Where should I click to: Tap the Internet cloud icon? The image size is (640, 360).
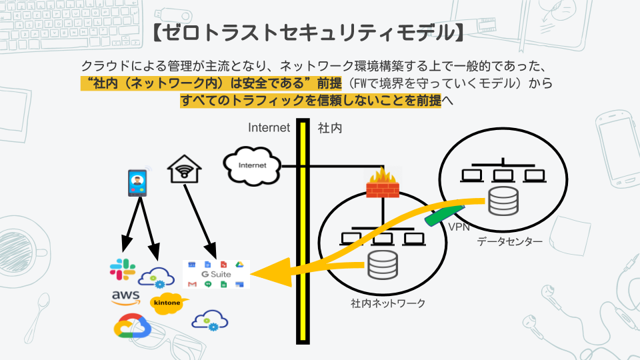pyautogui.click(x=252, y=165)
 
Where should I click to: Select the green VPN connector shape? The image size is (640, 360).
pyautogui.click(x=441, y=216)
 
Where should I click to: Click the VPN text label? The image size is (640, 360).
pyautogui.click(x=459, y=227)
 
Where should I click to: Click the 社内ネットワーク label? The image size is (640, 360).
pyautogui.click(x=387, y=303)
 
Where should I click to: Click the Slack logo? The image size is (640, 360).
pyautogui.click(x=122, y=270)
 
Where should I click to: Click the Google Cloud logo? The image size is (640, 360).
pyautogui.click(x=133, y=327)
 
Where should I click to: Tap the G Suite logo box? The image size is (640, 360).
pyautogui.click(x=216, y=274)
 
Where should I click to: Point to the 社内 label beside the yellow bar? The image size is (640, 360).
pyautogui.click(x=330, y=127)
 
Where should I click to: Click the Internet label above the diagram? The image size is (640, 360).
pyautogui.click(x=269, y=127)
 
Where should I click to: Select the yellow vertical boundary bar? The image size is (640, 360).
pyautogui.click(x=303, y=233)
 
